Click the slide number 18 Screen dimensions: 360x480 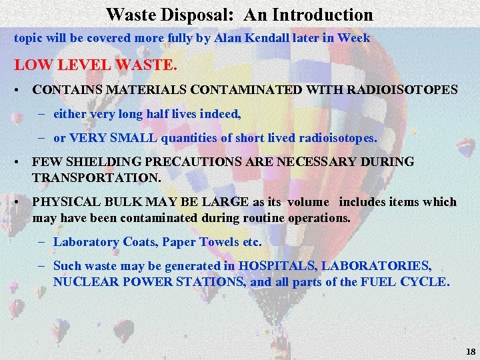[469, 351]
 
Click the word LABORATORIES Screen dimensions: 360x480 [377, 265]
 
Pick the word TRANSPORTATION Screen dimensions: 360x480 [96, 179]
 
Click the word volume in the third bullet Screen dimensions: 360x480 [309, 202]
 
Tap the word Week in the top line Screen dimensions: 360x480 [354, 38]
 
